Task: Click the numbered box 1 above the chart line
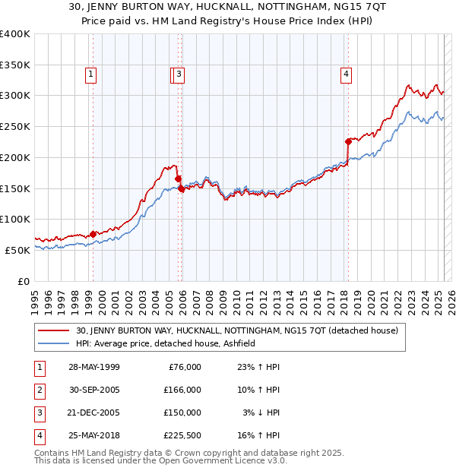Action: click(90, 74)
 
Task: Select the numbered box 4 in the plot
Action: click(346, 74)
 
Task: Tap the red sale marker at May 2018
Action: click(348, 141)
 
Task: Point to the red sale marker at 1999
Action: click(93, 234)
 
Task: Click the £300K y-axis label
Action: click(15, 96)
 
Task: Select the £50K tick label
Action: click(18, 250)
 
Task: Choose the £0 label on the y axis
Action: click(24, 281)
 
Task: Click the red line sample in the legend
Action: click(53, 330)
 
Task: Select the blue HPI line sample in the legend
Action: click(53, 343)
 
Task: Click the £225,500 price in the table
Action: click(182, 435)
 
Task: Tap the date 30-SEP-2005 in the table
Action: click(93, 390)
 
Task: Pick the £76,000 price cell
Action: click(185, 367)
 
